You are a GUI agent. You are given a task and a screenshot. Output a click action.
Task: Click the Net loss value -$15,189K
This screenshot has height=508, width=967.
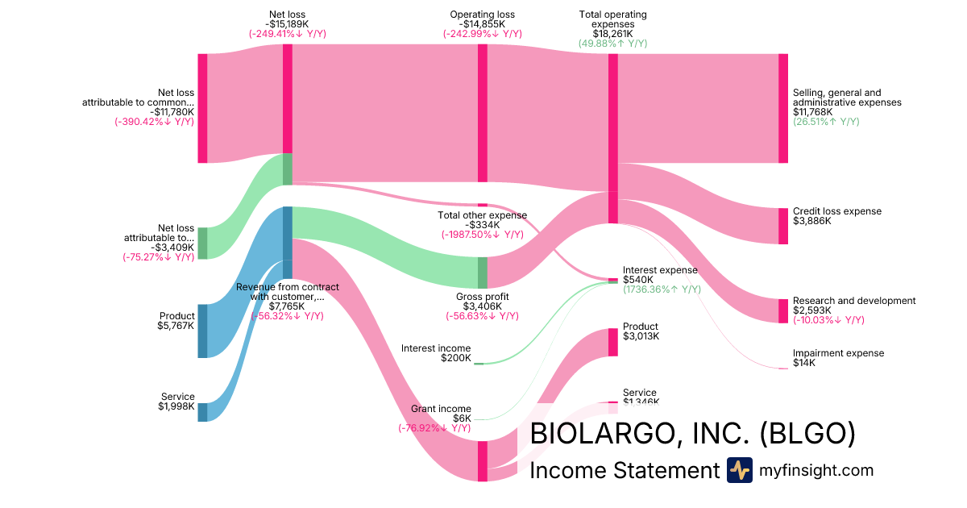coord(287,24)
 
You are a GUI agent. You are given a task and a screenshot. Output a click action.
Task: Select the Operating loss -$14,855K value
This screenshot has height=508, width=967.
coord(482,24)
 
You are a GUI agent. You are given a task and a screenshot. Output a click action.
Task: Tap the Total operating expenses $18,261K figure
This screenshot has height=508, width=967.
coord(612,34)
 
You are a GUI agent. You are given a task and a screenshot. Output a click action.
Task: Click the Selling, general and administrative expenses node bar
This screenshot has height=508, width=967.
coord(782,108)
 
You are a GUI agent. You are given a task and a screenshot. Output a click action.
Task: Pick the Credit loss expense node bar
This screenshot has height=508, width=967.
coord(782,226)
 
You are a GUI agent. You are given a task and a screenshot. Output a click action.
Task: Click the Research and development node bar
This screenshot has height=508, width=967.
coord(782,310)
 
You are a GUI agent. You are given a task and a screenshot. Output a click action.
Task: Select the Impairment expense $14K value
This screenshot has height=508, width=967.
coord(803,363)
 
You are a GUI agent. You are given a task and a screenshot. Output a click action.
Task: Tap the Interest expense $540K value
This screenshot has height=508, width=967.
coord(638,280)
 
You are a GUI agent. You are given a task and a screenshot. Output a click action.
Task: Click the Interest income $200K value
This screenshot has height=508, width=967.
coord(456,358)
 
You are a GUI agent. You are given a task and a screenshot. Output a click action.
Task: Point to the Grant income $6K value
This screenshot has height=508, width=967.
coord(462,418)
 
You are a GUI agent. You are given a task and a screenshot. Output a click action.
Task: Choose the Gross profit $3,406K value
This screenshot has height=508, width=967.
coord(482,306)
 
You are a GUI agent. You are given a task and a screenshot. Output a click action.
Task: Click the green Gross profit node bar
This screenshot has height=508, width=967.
coord(483,273)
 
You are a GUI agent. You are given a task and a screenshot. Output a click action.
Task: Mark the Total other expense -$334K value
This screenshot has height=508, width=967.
coord(482,225)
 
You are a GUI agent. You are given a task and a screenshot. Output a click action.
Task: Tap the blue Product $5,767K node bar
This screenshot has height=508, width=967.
coord(202,331)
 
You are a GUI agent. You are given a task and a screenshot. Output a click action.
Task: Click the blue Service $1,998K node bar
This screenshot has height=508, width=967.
coord(202,412)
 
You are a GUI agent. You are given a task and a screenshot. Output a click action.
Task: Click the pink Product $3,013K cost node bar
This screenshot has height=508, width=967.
coord(612,342)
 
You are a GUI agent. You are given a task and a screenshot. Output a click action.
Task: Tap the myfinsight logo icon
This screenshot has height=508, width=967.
coord(739,470)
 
